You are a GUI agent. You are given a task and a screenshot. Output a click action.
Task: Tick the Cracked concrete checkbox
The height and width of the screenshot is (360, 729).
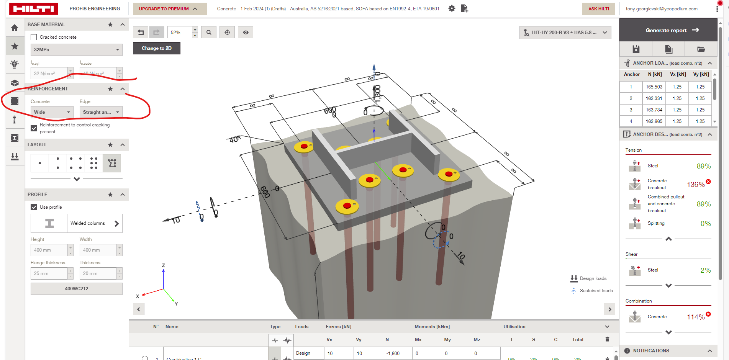pos(34,37)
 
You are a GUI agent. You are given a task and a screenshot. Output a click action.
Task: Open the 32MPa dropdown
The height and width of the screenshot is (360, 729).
pos(76,50)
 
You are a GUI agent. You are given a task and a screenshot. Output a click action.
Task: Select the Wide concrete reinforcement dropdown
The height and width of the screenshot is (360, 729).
pos(52,112)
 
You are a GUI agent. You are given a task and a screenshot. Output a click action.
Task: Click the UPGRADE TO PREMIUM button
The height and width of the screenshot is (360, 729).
pos(169,9)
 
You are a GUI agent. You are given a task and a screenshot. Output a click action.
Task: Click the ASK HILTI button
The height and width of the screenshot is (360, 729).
pos(598,9)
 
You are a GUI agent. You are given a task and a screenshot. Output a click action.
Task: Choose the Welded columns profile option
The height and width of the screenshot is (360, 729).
pos(94,223)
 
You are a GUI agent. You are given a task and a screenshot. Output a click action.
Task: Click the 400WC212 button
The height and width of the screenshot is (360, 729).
pos(76,289)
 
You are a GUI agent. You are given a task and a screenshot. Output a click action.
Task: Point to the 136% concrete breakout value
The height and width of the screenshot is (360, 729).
pos(695,185)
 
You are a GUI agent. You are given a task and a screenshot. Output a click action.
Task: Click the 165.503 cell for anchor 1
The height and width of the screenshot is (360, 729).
pos(654,87)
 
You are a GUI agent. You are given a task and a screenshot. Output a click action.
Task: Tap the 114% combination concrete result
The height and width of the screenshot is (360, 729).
pos(695,317)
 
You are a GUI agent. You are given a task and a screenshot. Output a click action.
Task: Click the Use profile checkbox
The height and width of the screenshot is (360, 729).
pos(34,207)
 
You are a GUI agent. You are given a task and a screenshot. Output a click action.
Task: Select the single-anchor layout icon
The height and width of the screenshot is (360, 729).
pos(40,163)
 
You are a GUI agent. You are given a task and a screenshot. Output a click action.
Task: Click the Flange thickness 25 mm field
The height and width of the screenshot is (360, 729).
pos(49,273)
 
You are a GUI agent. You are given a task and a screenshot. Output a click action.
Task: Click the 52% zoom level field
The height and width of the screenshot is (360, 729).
pos(179,33)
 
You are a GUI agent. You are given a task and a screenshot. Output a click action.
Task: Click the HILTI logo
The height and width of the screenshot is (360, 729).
pos(34,9)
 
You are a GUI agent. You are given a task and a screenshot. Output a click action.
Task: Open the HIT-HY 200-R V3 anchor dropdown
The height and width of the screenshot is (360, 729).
pos(565,33)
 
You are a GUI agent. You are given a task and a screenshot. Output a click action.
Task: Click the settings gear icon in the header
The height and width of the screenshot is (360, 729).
pos(452,8)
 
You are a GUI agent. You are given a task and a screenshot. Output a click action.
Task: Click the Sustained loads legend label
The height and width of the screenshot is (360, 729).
pos(596,291)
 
